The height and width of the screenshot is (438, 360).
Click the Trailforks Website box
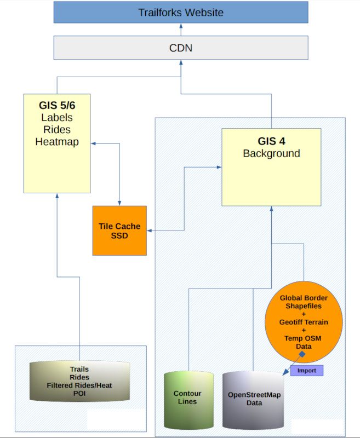tap(180, 12)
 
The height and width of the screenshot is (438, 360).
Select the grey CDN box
tap(180, 48)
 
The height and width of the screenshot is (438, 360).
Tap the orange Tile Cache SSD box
tap(119, 230)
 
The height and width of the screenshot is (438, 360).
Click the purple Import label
tap(307, 371)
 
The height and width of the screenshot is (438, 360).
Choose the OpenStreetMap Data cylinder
tap(253, 399)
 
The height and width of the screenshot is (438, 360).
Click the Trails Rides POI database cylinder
tap(79, 383)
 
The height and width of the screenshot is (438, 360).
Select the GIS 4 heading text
tap(271, 141)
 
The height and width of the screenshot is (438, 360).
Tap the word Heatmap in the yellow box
tap(57, 142)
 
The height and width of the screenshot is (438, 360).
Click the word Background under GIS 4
tap(271, 153)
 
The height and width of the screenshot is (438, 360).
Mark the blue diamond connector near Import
tap(301, 354)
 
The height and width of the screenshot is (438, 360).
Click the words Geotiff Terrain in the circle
tap(304, 322)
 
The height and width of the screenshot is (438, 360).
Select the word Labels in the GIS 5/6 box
tap(57, 117)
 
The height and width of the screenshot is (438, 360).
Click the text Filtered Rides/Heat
tap(79, 385)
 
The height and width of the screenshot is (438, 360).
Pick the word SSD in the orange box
tap(119, 235)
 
